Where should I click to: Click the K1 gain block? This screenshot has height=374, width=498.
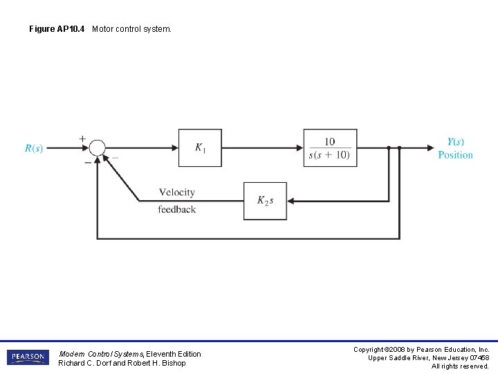coord(200,148)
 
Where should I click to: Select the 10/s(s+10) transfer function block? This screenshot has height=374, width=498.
coord(330,148)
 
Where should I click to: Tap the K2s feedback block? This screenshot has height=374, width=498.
coord(265,201)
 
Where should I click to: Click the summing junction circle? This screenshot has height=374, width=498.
coord(98,148)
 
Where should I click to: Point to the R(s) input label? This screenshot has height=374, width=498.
coord(34,148)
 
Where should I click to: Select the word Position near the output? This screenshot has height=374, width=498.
coord(455,155)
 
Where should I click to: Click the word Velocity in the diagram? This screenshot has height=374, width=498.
coord(176,193)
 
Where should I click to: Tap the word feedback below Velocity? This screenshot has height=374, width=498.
coord(176,209)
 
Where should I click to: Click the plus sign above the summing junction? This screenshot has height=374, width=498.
coord(82,139)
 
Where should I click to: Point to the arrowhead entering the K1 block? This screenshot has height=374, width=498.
coord(174,148)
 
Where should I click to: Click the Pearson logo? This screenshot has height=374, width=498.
coord(28,357)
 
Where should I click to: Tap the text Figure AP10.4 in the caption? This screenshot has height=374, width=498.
coord(58,29)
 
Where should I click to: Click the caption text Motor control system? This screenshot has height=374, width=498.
coord(131,29)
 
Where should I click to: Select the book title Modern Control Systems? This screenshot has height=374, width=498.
coord(101,354)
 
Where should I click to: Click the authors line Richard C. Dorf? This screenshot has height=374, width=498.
coord(122,363)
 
